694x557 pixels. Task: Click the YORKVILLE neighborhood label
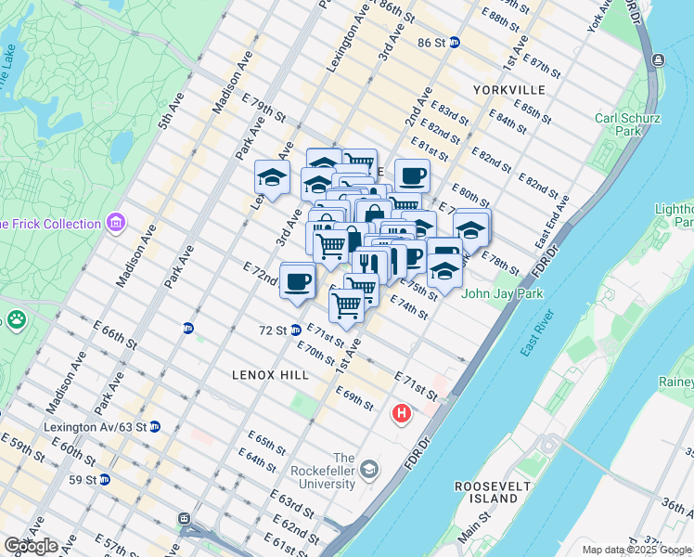pos(508,90)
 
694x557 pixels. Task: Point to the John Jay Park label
pos(503,293)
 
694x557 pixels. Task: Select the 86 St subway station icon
pos(455,43)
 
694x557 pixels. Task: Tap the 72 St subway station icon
pos(295,330)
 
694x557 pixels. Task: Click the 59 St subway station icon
pos(105,480)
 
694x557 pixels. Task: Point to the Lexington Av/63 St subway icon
pos(155,427)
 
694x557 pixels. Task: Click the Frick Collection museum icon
pos(116,223)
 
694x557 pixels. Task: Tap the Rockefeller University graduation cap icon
pos(370,469)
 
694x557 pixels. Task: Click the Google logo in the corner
pos(31,546)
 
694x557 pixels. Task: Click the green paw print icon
pos(17,320)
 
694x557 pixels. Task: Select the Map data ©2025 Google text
pos(636,549)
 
